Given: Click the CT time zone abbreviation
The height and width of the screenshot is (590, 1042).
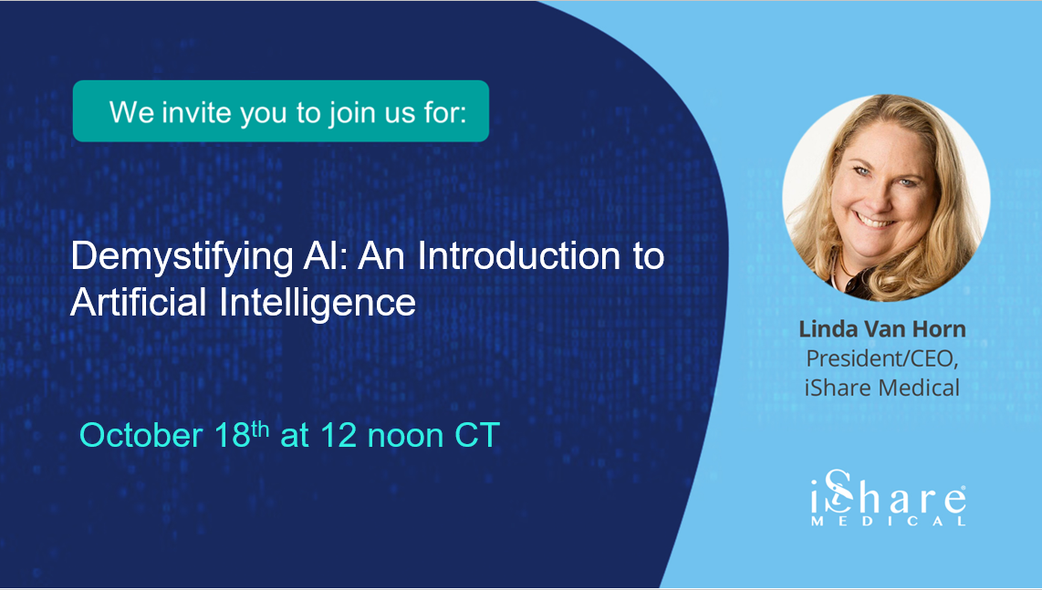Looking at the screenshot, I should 477,435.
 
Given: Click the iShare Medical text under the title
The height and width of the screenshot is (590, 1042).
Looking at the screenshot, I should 881,387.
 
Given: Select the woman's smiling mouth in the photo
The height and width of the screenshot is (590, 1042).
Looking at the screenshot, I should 876,220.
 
